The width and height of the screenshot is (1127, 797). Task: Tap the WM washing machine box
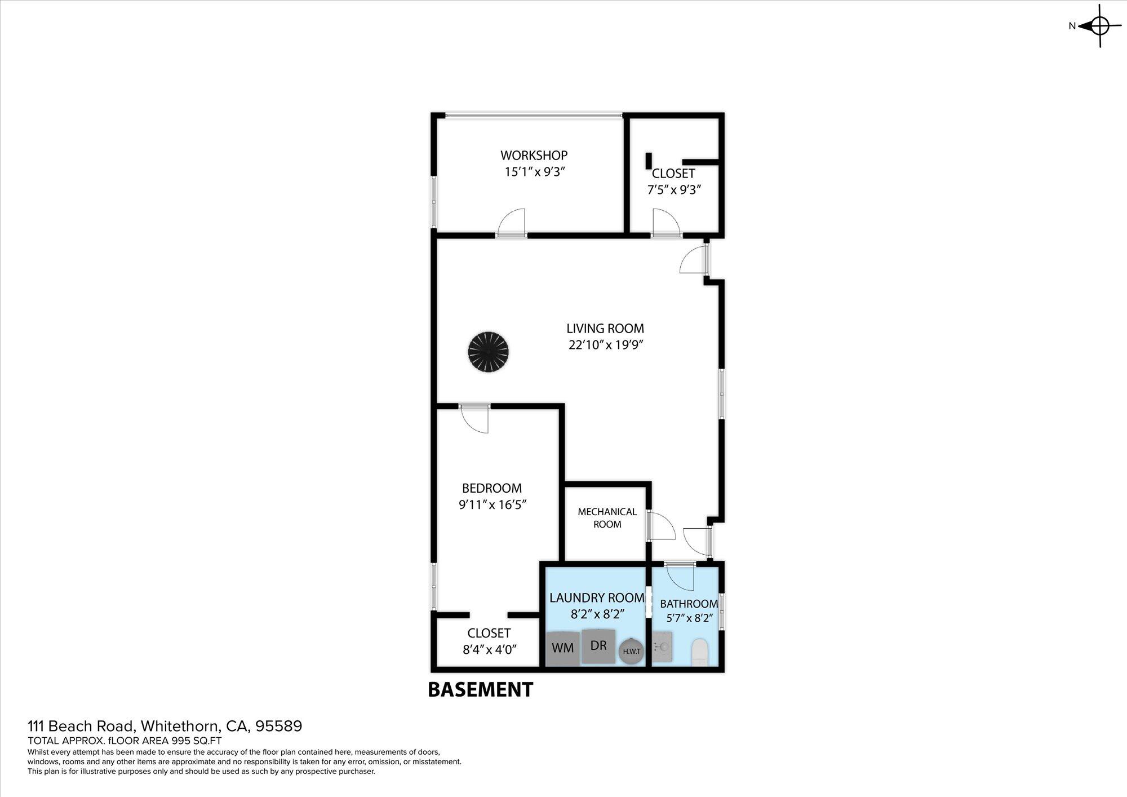coord(563,648)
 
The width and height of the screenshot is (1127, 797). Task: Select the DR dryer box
coord(598,645)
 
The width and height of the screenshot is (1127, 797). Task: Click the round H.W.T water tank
coord(631,651)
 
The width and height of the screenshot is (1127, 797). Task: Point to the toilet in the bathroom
coord(699,652)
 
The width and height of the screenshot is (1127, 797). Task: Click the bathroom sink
coord(663,646)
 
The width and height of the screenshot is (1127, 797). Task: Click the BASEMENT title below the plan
coord(481,689)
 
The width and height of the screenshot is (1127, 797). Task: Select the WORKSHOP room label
coord(534,155)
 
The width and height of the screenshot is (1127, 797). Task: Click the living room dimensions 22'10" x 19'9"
coord(606,345)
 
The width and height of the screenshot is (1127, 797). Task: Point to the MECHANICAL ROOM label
coord(607,518)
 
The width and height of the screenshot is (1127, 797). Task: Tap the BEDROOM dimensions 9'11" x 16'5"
coord(492,504)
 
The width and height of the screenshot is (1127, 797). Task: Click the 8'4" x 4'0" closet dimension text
coord(490,649)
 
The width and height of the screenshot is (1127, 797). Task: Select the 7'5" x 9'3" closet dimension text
coord(674,190)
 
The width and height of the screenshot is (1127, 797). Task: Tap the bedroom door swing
coord(474,420)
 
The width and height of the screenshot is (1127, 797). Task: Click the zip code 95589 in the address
coord(279,726)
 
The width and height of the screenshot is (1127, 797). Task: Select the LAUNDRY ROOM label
coord(597,597)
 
